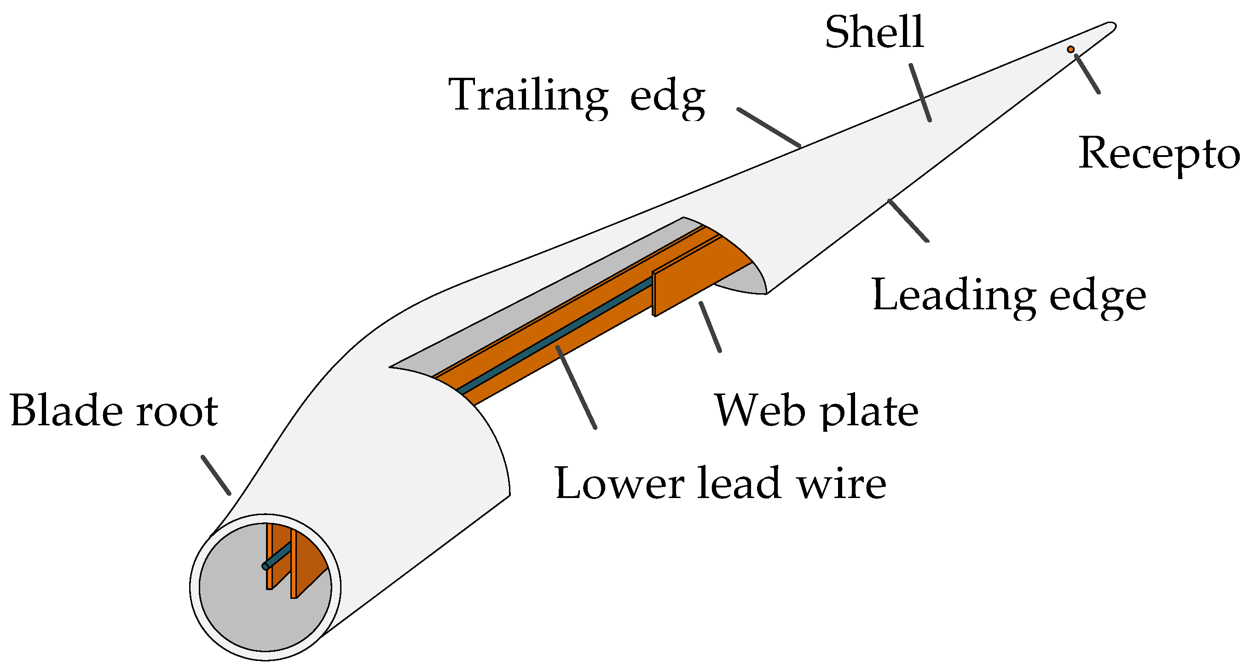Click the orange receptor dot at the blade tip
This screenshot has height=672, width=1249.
(x=1070, y=49)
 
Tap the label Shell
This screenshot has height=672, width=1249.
(x=875, y=33)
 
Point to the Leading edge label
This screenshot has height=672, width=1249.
(x=1008, y=296)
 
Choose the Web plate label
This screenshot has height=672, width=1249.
(x=816, y=411)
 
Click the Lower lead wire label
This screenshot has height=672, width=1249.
(x=721, y=484)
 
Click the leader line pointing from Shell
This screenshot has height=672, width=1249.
(x=920, y=92)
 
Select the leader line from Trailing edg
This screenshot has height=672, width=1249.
(x=769, y=127)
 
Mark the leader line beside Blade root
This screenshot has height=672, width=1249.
(x=216, y=475)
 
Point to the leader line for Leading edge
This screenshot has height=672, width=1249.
(x=908, y=220)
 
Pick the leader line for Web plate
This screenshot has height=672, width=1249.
(x=710, y=327)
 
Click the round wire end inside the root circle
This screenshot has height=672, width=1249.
(x=265, y=566)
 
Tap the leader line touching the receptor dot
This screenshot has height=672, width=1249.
(x=1087, y=73)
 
